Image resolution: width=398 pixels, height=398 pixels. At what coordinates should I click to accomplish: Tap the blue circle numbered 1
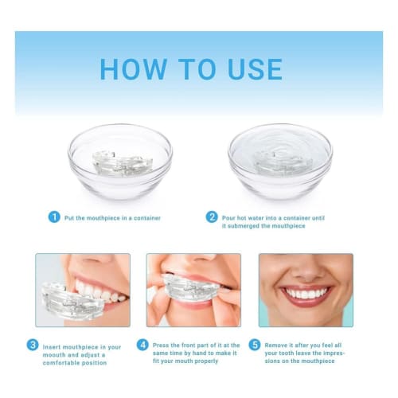pyautogui.click(x=54, y=217)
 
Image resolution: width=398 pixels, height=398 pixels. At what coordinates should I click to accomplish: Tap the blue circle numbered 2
pyautogui.click(x=212, y=217)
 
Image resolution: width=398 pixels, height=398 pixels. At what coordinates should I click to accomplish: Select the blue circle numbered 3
pyautogui.click(x=33, y=345)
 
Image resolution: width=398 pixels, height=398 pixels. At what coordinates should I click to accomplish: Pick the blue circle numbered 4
pyautogui.click(x=142, y=345)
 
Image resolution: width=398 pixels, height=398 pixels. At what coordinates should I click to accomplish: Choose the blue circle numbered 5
pyautogui.click(x=255, y=345)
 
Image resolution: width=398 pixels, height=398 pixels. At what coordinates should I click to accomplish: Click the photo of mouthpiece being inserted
pyautogui.click(x=82, y=290)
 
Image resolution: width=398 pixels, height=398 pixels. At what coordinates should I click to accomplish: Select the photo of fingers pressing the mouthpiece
pyautogui.click(x=193, y=290)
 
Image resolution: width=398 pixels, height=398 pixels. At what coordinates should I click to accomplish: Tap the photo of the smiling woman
pyautogui.click(x=305, y=290)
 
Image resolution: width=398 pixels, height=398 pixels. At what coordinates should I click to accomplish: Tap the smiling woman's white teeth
pyautogui.click(x=306, y=293)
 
